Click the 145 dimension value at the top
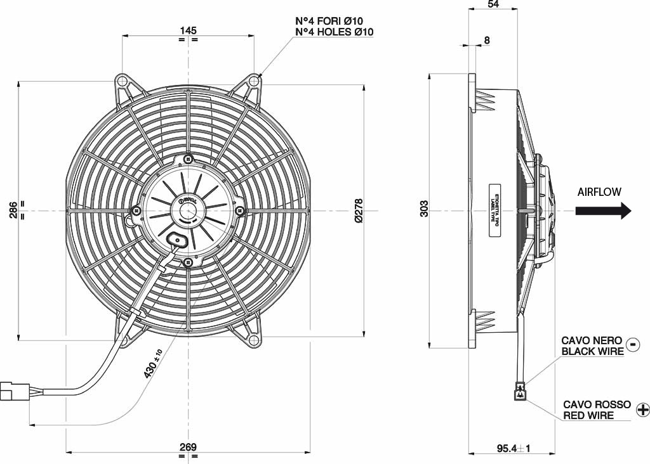[x=188, y=30]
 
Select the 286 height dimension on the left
[x=13, y=210]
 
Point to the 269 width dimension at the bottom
[x=188, y=446]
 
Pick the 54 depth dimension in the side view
[x=493, y=4]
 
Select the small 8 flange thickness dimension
[x=487, y=41]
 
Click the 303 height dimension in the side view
[x=424, y=210]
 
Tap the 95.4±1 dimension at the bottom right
[x=513, y=449]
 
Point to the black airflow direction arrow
[x=603, y=210]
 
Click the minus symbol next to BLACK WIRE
[x=633, y=344]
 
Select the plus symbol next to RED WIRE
[x=642, y=409]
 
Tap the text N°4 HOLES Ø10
[x=335, y=32]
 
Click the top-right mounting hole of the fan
[x=254, y=81]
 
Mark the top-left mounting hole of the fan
[x=122, y=81]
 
